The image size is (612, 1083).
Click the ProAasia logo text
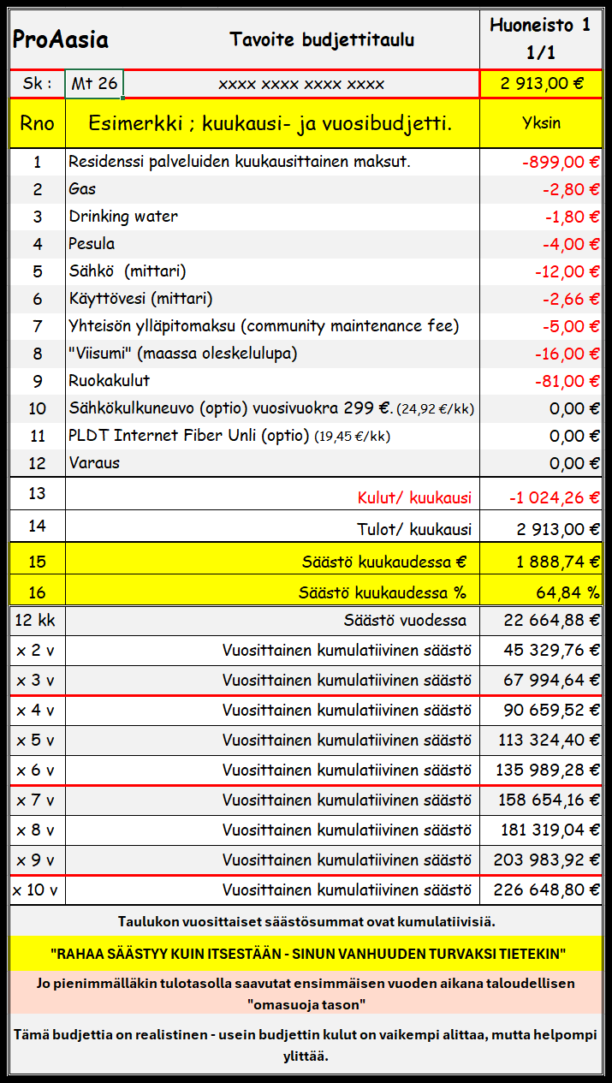(60, 40)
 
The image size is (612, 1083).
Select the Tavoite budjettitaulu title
(322, 39)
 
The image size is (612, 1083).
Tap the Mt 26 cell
(94, 84)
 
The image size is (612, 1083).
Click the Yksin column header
(541, 123)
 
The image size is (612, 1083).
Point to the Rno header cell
(37, 123)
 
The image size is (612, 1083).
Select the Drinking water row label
(123, 217)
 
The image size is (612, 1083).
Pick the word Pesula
(92, 244)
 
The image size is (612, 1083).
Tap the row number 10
(37, 408)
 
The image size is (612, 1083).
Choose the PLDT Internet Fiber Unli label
(188, 436)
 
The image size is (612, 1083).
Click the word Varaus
(94, 463)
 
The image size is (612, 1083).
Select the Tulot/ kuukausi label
(413, 529)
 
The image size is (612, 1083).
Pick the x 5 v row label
(35, 741)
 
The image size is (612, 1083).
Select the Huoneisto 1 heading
(540, 26)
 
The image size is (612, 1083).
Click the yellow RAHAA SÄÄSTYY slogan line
(306, 953)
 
